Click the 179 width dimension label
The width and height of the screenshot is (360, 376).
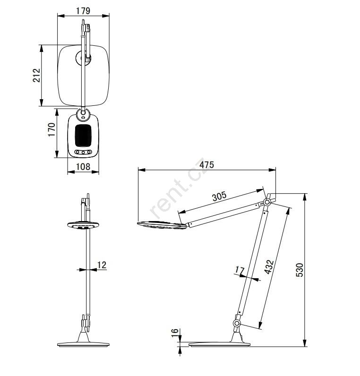click(83, 11)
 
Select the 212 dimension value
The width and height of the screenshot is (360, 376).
click(36, 76)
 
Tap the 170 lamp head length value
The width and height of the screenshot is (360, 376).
click(52, 130)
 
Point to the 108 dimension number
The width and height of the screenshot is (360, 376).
click(83, 167)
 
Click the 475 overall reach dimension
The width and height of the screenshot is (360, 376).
click(206, 165)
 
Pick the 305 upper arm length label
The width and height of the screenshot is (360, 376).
click(219, 196)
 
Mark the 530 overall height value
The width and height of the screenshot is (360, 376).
click(300, 270)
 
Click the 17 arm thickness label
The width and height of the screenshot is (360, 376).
click(240, 270)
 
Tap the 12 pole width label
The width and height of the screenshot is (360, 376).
click(102, 265)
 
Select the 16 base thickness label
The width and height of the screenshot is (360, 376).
click(175, 333)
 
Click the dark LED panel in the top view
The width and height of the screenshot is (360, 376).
click(83, 135)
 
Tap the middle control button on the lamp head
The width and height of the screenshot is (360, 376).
click(83, 152)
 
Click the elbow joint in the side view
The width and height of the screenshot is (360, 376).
click(266, 202)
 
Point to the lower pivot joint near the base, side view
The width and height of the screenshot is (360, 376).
click(237, 323)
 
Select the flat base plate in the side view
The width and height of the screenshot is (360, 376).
click(219, 344)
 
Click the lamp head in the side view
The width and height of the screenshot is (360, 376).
click(162, 225)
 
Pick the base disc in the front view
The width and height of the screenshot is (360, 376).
click(83, 344)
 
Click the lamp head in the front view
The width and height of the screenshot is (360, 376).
click(83, 225)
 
